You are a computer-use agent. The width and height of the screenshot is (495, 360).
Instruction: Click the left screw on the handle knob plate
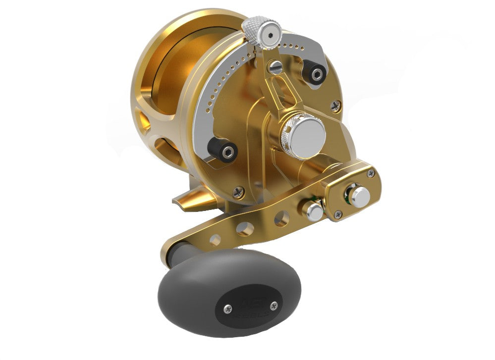point(227,309)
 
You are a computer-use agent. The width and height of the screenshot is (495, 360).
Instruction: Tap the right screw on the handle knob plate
point(273,306)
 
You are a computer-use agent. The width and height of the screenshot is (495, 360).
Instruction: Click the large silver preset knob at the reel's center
point(303,133)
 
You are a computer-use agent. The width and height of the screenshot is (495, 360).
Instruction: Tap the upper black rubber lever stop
point(315,74)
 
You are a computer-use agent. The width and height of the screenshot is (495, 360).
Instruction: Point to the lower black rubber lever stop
point(219,148)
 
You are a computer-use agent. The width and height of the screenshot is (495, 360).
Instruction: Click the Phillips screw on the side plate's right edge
point(336,105)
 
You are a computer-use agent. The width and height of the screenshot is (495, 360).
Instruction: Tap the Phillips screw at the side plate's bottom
point(238,192)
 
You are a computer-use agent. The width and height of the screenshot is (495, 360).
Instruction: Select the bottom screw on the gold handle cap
point(338,214)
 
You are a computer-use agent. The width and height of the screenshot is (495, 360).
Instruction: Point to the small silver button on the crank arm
point(314,210)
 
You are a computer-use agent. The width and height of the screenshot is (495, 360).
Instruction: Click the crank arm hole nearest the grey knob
point(215,240)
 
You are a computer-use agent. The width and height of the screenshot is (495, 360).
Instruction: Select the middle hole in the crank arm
point(244,229)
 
